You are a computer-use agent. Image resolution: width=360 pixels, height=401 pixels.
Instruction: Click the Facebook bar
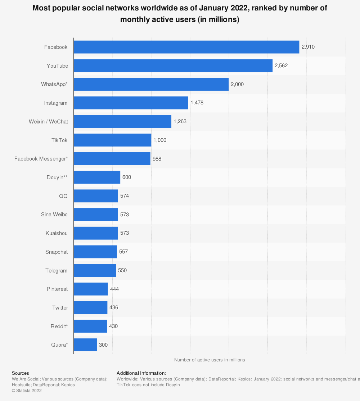(x=186, y=47)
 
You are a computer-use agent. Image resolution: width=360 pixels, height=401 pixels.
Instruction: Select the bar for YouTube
(x=173, y=66)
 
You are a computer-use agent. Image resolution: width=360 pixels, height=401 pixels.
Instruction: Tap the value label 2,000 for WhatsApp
(x=237, y=84)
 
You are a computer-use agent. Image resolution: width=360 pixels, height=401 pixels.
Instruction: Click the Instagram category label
(x=55, y=103)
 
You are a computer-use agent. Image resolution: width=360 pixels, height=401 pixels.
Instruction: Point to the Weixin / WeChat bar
(x=122, y=122)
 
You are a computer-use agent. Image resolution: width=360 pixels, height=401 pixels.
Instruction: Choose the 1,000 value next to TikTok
(x=160, y=140)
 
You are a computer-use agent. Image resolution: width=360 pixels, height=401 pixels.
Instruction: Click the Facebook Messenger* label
(x=41, y=159)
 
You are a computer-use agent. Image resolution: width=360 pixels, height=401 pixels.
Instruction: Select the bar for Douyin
(x=97, y=177)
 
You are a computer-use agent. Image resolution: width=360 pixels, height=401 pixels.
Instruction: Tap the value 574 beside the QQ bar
(x=125, y=196)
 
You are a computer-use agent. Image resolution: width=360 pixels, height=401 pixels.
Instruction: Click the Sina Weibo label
(x=54, y=215)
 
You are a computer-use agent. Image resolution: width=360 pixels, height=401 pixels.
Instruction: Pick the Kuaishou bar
(x=96, y=233)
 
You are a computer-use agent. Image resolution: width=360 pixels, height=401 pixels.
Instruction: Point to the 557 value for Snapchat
(x=123, y=252)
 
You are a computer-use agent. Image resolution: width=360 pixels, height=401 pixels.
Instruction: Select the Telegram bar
(x=95, y=270)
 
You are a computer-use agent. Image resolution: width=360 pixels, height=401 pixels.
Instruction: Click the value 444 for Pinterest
(x=114, y=289)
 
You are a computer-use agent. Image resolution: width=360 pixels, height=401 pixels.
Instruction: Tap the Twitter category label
(x=60, y=308)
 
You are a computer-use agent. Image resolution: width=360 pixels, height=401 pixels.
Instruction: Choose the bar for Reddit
(x=90, y=326)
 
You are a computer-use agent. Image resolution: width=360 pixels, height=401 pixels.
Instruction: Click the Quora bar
(x=85, y=345)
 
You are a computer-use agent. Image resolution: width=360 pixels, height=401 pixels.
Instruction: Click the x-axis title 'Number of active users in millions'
(x=210, y=360)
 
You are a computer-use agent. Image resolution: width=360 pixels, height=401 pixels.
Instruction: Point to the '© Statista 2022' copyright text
(x=27, y=390)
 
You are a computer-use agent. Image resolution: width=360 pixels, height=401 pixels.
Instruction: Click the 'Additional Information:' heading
(x=141, y=373)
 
